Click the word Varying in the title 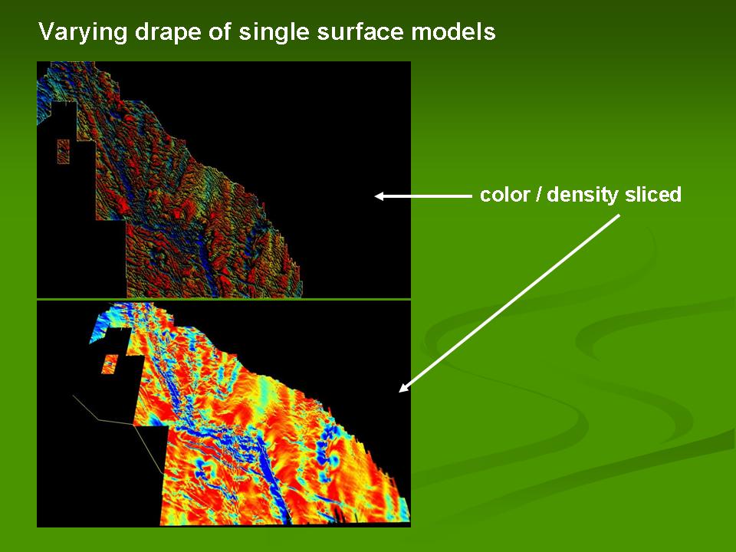pyautogui.click(x=83, y=33)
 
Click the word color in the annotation pyautogui.click(x=504, y=194)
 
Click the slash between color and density pyautogui.click(x=538, y=194)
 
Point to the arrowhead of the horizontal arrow pyautogui.click(x=379, y=196)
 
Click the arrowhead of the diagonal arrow pyautogui.click(x=402, y=388)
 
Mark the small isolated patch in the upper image pyautogui.click(x=64, y=152)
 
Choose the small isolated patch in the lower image pyautogui.click(x=110, y=364)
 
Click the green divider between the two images pyautogui.click(x=223, y=299)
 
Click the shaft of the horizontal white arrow pyautogui.click(x=428, y=196)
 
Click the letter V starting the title pyautogui.click(x=47, y=32)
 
